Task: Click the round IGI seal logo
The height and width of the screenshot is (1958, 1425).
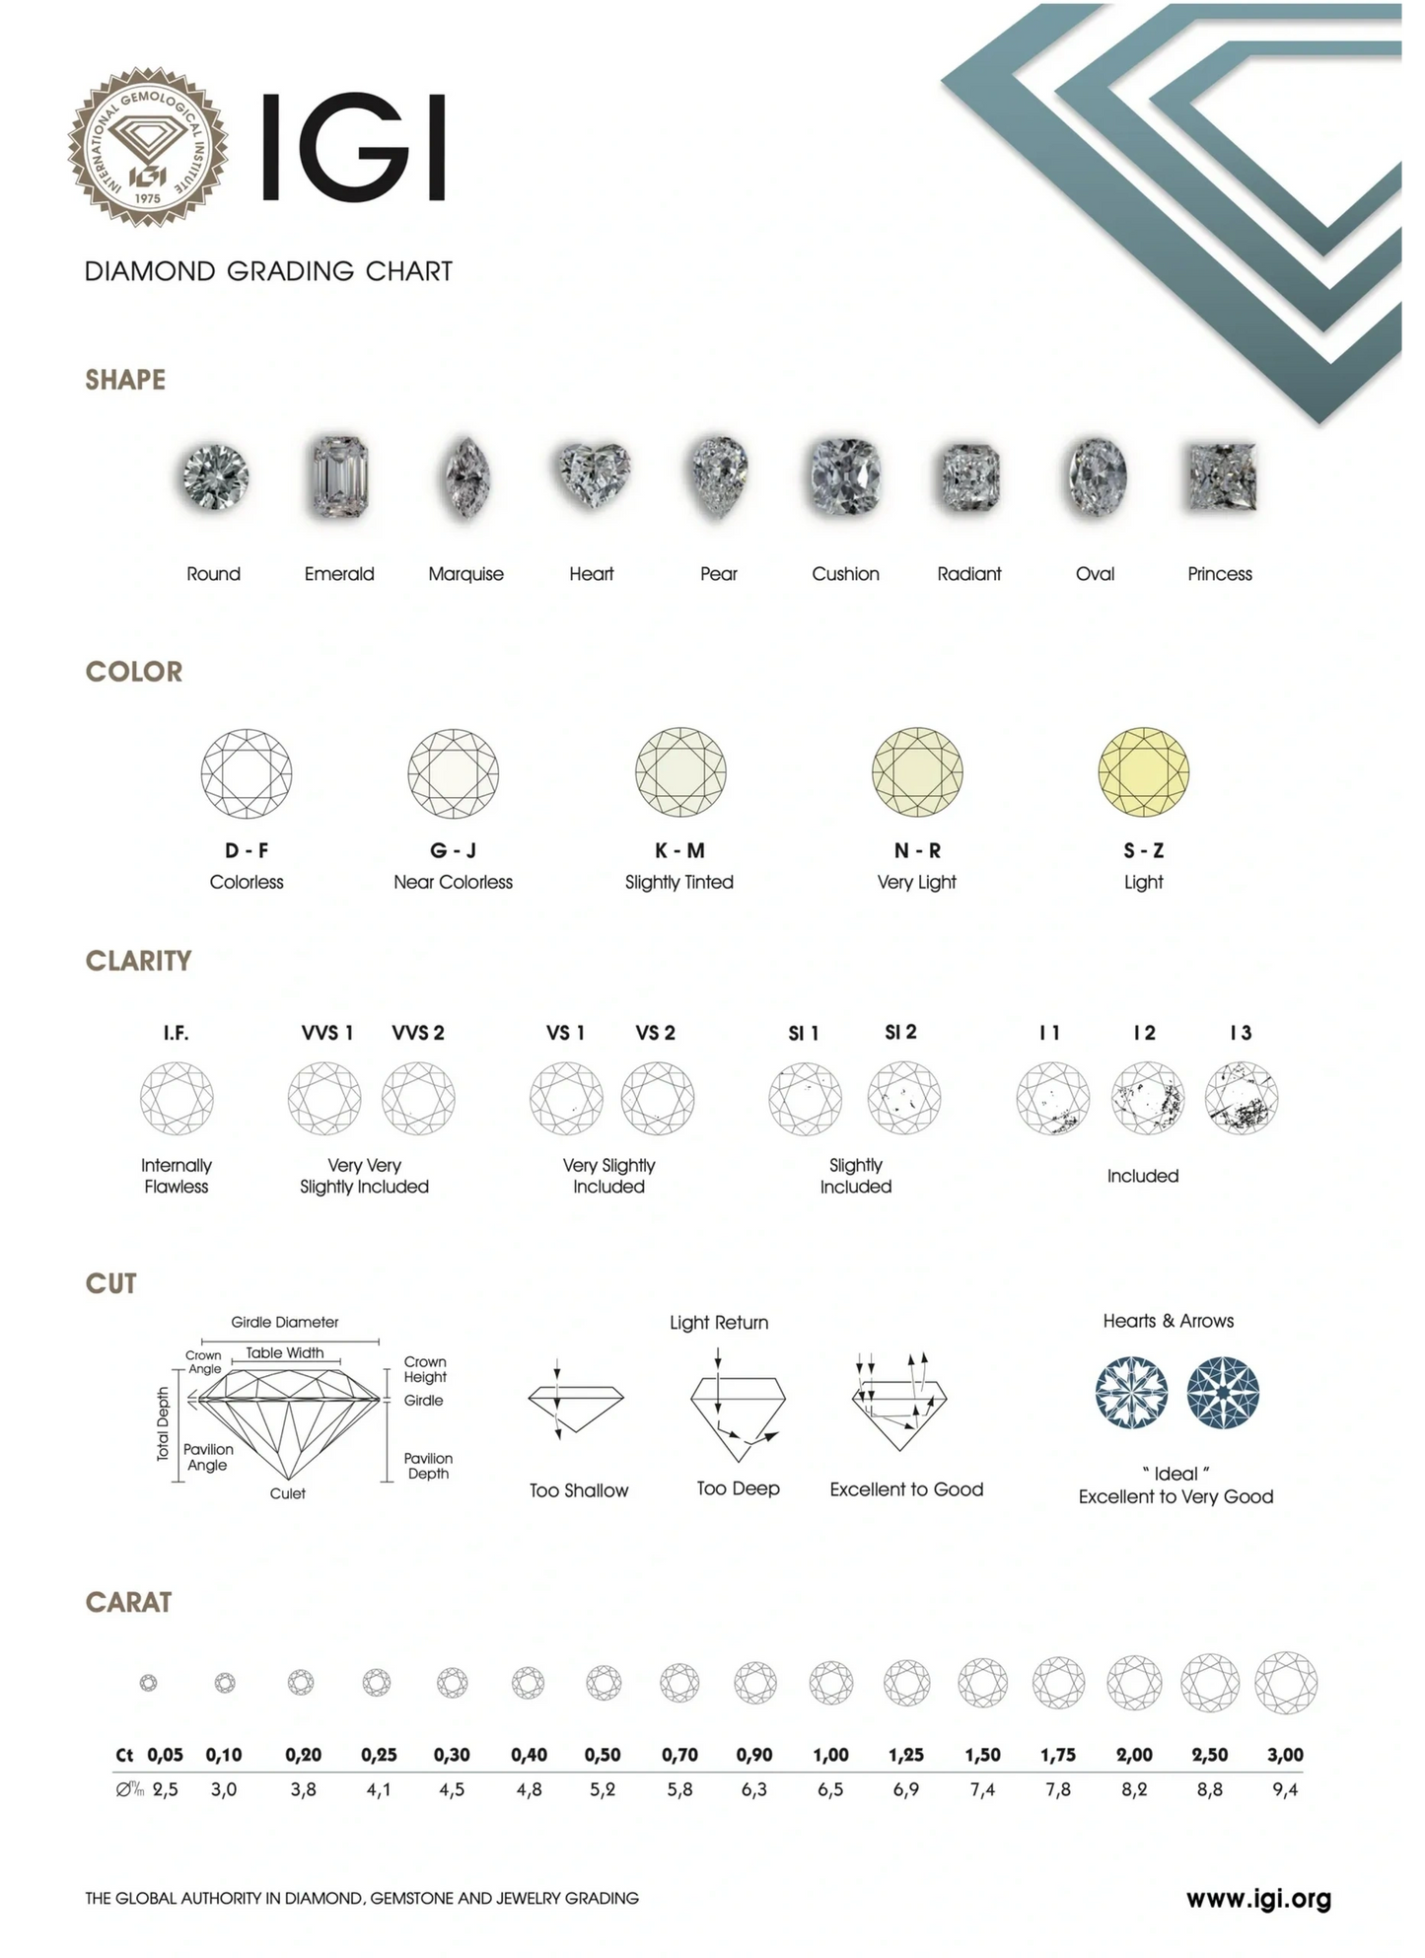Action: click(147, 148)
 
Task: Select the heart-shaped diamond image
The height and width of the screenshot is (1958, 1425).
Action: click(592, 475)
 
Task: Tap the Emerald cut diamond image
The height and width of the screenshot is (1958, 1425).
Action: click(339, 477)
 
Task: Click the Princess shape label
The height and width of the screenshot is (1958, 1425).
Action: click(1219, 574)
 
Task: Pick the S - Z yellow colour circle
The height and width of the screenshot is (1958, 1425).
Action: click(1144, 772)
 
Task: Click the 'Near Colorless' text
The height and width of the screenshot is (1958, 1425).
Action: click(453, 882)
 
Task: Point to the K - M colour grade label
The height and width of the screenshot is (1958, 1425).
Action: click(679, 850)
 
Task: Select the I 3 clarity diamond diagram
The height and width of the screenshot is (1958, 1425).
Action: click(1242, 1098)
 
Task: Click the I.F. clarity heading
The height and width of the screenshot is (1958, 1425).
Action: click(176, 1033)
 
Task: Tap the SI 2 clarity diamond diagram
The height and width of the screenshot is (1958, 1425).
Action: click(903, 1098)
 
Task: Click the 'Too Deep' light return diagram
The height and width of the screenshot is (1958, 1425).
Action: click(738, 1412)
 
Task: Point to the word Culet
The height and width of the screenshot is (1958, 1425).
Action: click(287, 1493)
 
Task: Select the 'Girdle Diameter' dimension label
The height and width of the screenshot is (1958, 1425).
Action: click(285, 1322)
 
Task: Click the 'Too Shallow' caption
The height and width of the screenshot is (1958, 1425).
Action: click(579, 1490)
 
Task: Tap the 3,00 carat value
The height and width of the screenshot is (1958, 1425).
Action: click(1285, 1755)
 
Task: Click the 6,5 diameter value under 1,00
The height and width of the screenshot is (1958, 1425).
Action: click(830, 1789)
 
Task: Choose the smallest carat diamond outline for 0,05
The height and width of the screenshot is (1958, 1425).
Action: click(149, 1683)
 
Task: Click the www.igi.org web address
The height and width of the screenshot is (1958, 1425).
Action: click(1258, 1898)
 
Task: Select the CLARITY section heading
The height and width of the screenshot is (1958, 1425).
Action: click(138, 961)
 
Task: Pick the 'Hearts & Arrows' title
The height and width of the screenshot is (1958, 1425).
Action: click(1168, 1321)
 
